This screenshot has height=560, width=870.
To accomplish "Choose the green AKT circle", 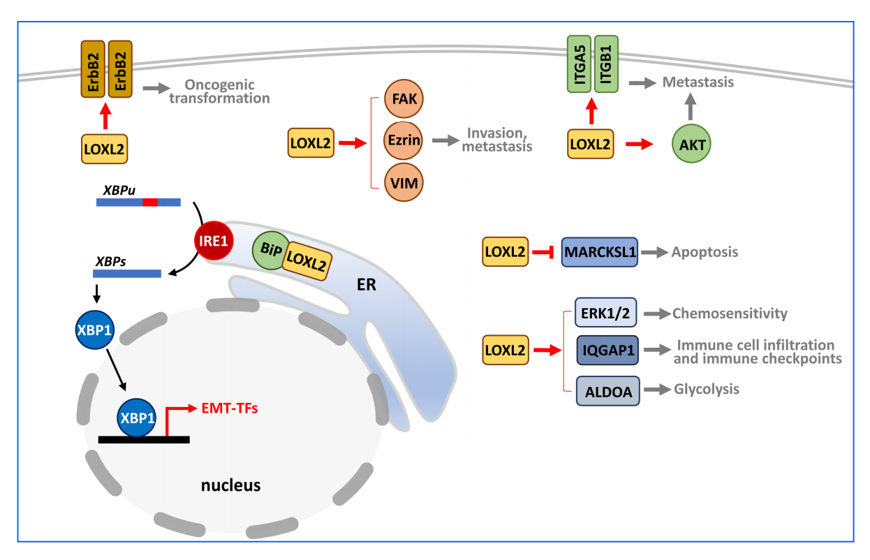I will point(691,145).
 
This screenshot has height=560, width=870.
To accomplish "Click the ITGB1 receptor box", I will point(605,65).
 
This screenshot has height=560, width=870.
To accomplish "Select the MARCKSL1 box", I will point(600,251).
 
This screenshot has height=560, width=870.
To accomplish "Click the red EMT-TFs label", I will point(230,408).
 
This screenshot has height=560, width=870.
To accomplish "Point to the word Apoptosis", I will point(704,252).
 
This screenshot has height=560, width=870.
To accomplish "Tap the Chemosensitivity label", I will point(730,314).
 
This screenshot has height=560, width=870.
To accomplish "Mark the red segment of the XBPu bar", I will point(149,202).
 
